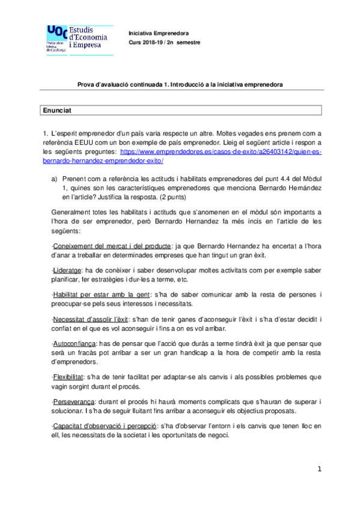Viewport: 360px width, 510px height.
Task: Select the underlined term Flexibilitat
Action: click(x=69, y=376)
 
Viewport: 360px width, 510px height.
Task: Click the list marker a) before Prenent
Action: click(x=55, y=179)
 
